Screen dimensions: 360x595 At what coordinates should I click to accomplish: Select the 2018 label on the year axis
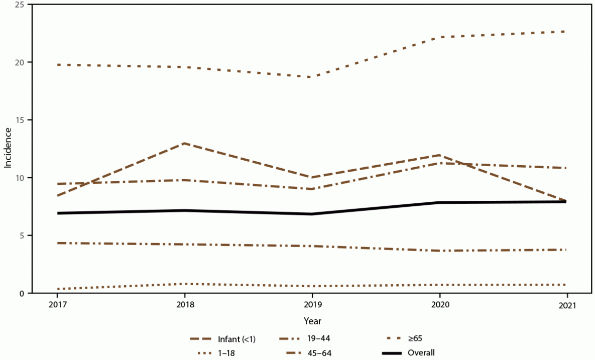coord(185,305)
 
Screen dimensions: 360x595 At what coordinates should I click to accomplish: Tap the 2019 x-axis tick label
coord(312,305)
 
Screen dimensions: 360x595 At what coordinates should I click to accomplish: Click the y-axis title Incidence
coord(9,149)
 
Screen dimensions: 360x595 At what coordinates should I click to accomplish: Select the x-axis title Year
coord(312,320)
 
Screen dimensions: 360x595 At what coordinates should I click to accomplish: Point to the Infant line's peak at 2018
coord(185,143)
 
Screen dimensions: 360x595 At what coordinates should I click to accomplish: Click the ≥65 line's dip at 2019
coord(312,77)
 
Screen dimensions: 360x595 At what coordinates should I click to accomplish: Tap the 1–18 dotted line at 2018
coord(185,284)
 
